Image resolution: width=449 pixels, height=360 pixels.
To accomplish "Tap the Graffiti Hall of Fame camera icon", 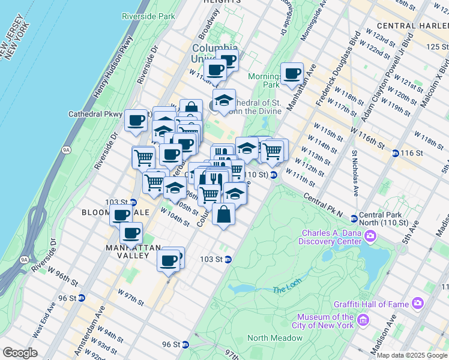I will click(418, 305).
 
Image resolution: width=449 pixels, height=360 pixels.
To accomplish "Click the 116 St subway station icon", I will click(395, 153).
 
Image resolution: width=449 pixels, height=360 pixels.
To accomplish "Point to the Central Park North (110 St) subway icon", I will click(354, 219).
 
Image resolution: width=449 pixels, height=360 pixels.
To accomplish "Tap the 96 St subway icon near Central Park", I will click(186, 344).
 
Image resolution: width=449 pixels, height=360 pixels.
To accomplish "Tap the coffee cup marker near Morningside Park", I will click(292, 74).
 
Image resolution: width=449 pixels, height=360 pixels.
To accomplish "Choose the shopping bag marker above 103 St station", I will click(223, 214).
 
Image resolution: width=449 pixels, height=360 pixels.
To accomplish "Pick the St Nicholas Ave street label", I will click(355, 173).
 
